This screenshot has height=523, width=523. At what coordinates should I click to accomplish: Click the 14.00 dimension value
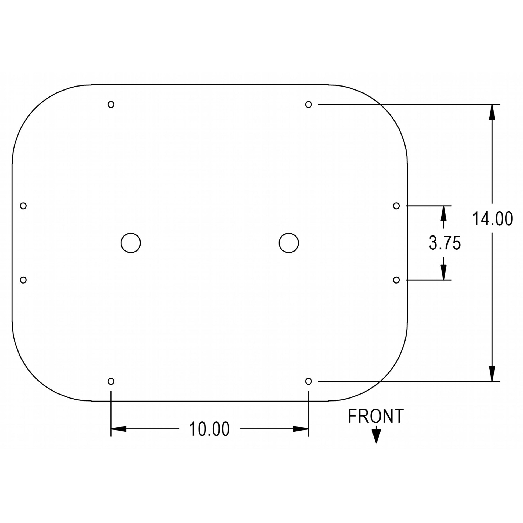(x=492, y=219)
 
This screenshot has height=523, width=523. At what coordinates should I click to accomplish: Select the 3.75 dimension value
(x=445, y=243)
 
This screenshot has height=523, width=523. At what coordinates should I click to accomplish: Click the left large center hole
(x=131, y=243)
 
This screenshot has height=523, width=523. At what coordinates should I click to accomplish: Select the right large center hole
(x=289, y=243)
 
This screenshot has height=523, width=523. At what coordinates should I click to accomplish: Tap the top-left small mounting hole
(x=111, y=104)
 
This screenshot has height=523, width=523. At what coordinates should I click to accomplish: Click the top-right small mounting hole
(x=308, y=104)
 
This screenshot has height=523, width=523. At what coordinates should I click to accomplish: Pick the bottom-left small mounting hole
(x=111, y=381)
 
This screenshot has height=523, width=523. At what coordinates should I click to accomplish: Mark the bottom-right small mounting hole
(x=308, y=381)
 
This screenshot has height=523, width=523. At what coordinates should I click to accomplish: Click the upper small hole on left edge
(x=23, y=206)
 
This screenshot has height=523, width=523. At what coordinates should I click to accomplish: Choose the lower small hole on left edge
(x=23, y=280)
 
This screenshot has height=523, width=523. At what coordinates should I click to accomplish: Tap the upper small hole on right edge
(x=396, y=206)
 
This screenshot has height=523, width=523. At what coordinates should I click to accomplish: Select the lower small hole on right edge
(x=396, y=280)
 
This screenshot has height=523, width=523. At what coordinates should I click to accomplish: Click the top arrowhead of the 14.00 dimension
(x=492, y=112)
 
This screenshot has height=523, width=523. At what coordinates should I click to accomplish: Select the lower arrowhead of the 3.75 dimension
(x=443, y=272)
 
